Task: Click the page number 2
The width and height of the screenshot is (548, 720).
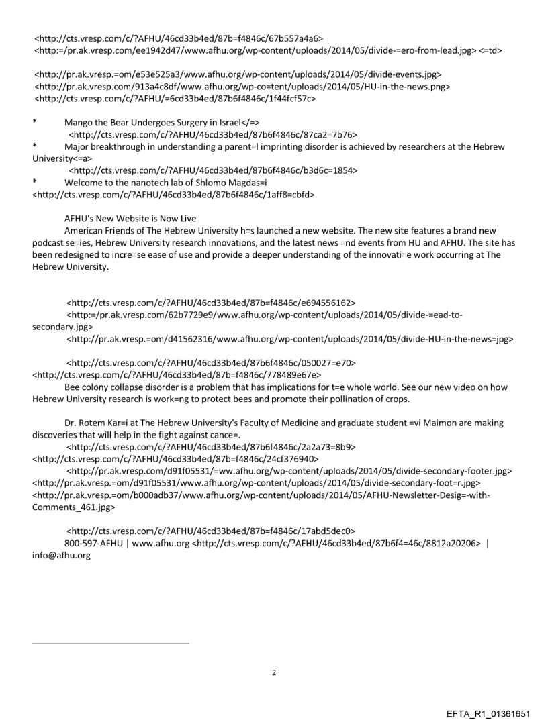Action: click(274, 672)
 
